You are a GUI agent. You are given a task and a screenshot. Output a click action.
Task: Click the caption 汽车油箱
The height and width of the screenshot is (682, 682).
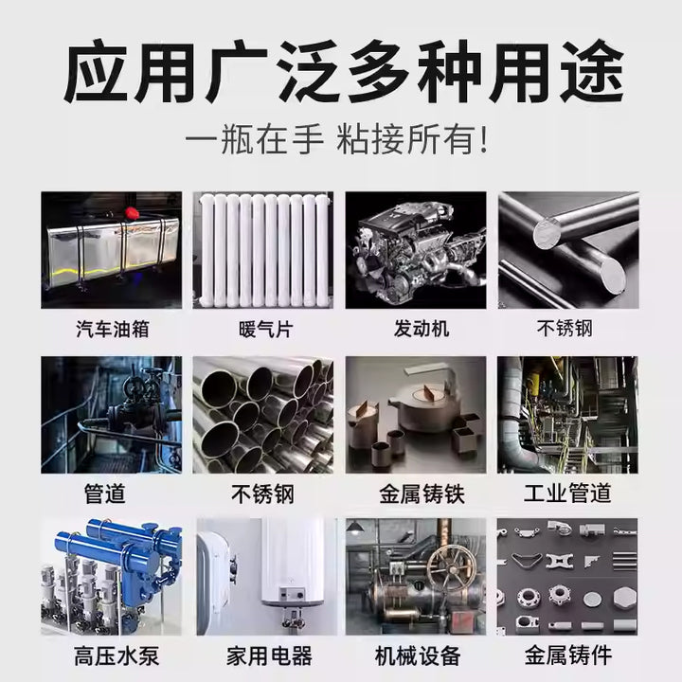tap(113, 330)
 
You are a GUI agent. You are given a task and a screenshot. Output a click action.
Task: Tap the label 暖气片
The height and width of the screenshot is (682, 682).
tap(266, 330)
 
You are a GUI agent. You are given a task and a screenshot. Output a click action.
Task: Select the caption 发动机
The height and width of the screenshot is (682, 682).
tap(422, 329)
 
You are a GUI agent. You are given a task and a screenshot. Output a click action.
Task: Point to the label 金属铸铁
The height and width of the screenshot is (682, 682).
tap(422, 494)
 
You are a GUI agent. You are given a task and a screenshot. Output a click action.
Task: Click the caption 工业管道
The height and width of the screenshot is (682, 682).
tap(567, 494)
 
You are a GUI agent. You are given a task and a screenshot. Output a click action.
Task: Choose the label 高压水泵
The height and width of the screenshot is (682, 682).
tap(117, 655)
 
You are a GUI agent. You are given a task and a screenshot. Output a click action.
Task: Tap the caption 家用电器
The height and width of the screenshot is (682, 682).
tap(269, 655)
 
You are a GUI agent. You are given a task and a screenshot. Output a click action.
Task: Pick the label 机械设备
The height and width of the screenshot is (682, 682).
tap(418, 655)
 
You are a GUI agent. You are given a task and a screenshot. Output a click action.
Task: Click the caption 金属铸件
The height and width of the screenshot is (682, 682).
tap(568, 655)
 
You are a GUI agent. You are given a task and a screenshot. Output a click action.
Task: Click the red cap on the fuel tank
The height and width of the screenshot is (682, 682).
tap(132, 213)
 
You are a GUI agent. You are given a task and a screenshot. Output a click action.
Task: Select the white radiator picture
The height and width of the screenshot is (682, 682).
tap(263, 250)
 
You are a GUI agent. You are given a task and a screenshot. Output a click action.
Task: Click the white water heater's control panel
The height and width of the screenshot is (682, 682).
tap(292, 593)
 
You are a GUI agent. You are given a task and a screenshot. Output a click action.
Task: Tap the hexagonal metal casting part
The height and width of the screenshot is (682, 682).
tap(624, 598)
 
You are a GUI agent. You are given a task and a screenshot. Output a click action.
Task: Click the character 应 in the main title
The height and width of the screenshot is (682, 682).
tap(97, 71)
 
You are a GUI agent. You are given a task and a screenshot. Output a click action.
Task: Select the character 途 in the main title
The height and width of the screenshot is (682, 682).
tap(592, 71)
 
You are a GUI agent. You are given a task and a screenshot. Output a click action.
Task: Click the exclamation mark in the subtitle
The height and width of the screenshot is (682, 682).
tap(483, 139)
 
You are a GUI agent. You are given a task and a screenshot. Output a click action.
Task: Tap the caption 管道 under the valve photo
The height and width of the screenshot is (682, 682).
tap(105, 494)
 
